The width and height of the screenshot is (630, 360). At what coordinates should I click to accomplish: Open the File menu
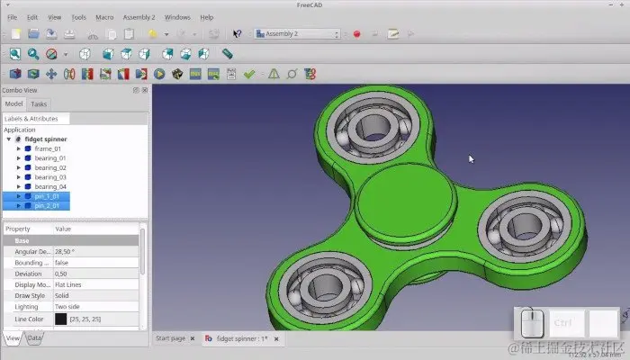pos(12,17)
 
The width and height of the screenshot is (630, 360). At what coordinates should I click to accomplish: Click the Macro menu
pos(104,17)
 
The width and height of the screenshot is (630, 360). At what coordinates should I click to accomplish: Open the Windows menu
pos(177,17)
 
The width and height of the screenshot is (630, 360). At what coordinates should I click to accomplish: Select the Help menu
pos(207,17)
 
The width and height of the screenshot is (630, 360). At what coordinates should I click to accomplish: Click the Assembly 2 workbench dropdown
pos(297,34)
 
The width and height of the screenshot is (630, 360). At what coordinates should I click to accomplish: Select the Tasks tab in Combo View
pos(40,104)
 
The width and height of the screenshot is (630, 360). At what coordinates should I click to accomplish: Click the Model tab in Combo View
pos(13,104)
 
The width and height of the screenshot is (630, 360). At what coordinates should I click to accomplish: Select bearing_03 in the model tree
pos(50,177)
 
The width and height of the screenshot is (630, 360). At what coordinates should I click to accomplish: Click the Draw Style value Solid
pos(64,295)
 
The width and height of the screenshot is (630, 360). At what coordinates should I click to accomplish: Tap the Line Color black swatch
pos(60,319)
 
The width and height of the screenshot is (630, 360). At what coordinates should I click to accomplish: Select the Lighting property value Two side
pos(71,307)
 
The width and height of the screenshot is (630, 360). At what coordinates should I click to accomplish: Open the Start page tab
pos(170,338)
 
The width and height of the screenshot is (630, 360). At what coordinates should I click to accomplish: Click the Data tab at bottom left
pos(34,338)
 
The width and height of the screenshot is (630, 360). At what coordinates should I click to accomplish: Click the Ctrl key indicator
pos(563,322)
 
